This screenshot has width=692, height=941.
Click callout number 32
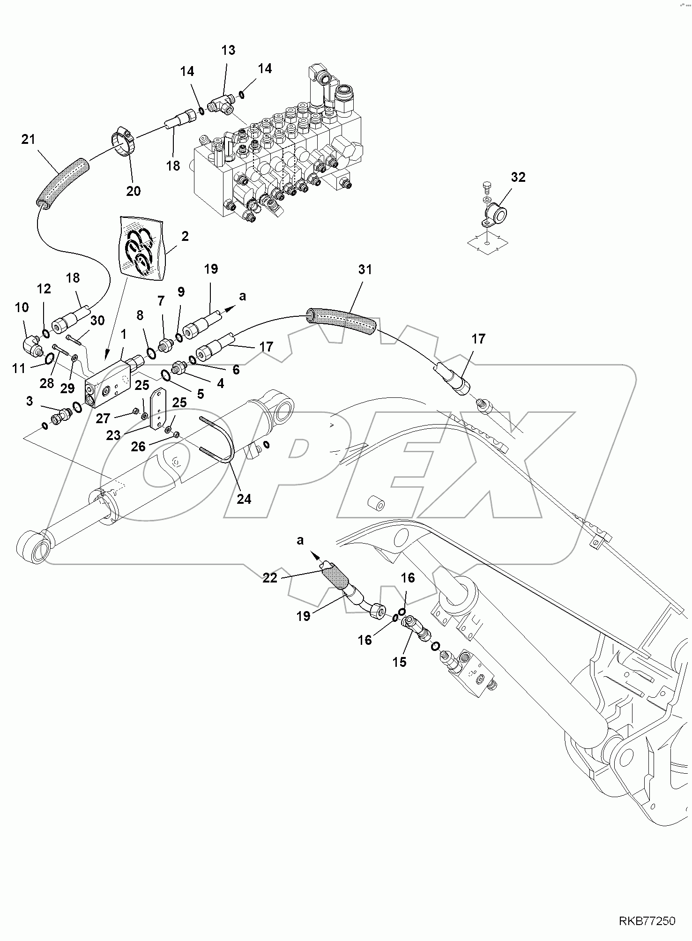[518, 177]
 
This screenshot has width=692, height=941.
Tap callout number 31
[365, 269]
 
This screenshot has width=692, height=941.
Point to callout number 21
[29, 140]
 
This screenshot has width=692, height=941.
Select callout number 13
[228, 50]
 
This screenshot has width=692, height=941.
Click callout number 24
[244, 499]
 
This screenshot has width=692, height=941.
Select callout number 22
[270, 578]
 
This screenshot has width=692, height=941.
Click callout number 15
[400, 662]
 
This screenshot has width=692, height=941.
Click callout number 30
[97, 321]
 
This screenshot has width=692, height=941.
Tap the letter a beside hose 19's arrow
[242, 296]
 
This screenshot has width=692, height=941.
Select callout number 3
[30, 401]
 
